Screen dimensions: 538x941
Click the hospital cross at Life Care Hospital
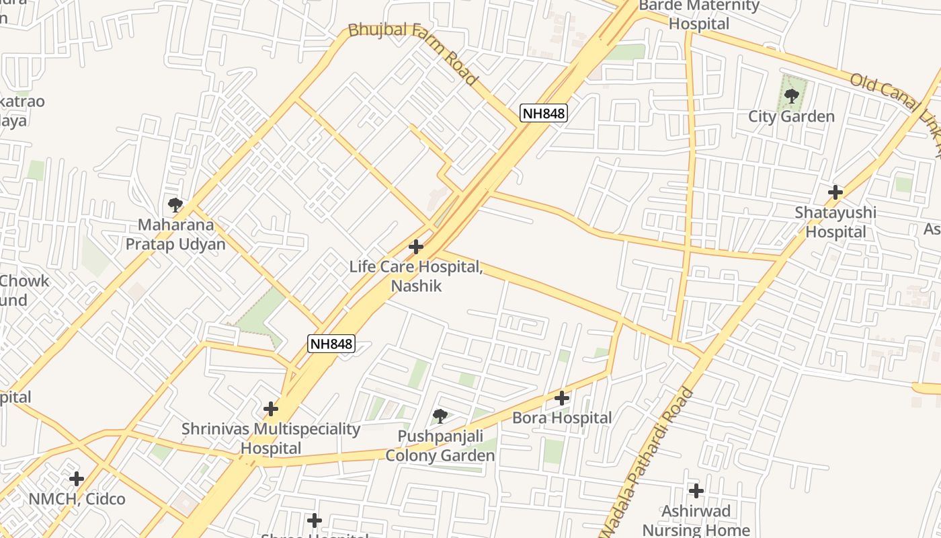click(x=416, y=247)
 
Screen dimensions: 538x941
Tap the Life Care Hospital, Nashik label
click(x=416, y=276)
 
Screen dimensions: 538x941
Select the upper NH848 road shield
click(x=544, y=113)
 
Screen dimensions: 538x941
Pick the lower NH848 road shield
click(x=331, y=344)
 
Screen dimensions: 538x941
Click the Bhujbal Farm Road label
click(x=413, y=54)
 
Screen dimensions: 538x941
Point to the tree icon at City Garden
click(x=792, y=95)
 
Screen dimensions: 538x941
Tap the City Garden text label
click(x=792, y=117)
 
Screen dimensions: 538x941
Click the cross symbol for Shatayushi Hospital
click(x=835, y=192)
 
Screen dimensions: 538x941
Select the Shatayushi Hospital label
click(x=835, y=223)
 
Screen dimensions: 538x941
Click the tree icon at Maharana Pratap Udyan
click(x=175, y=204)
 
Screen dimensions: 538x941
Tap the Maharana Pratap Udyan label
click(x=175, y=235)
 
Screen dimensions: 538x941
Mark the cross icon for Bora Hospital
click(x=562, y=398)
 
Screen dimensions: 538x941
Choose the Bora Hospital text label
click(x=562, y=418)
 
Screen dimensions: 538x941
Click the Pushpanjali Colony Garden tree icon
click(x=440, y=416)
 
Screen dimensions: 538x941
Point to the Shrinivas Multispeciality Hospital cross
click(x=271, y=409)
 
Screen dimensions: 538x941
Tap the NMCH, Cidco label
click(x=77, y=499)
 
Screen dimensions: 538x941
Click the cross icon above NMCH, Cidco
click(x=77, y=479)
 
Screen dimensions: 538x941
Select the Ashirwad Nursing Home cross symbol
click(x=696, y=491)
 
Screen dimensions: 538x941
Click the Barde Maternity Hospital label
click(x=699, y=15)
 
